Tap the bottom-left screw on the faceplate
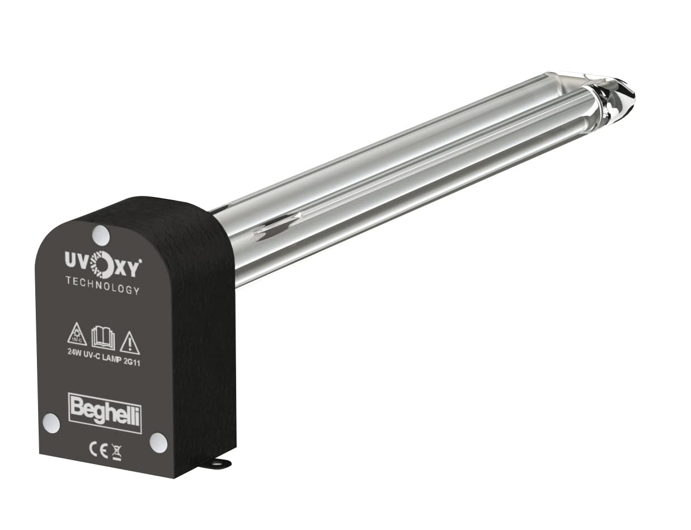coord(51,423)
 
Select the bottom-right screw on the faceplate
coord(158,442)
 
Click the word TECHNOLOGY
coord(102,284)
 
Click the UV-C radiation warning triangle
coord(77,335)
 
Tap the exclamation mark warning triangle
coord(130,343)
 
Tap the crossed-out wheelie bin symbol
coord(116,451)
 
